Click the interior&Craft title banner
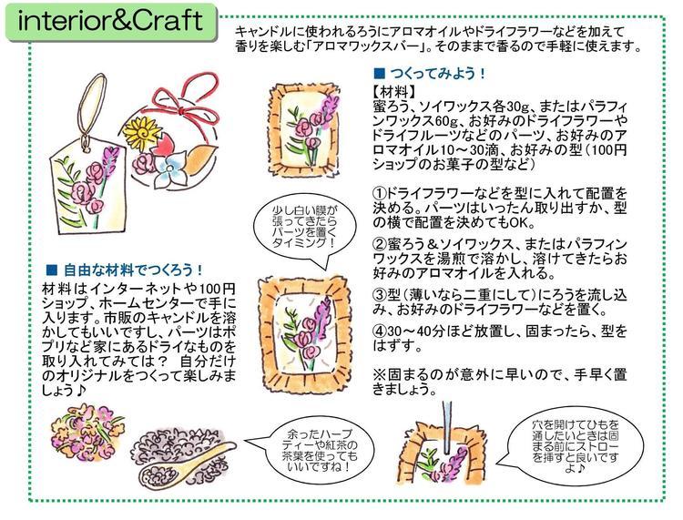(111, 23)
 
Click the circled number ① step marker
(380, 193)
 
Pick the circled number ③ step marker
(380, 295)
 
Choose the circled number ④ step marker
(380, 331)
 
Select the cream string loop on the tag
(93, 106)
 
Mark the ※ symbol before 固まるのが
(380, 374)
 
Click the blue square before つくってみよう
(380, 72)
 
